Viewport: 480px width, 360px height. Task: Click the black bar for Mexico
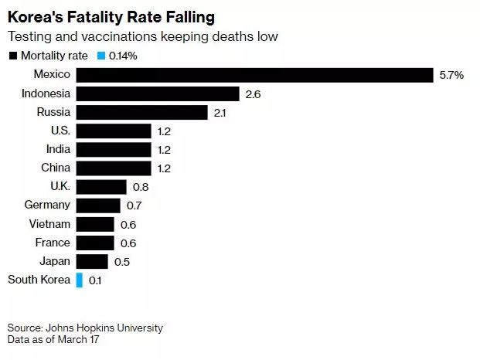[x=255, y=75]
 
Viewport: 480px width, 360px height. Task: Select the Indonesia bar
[x=158, y=94]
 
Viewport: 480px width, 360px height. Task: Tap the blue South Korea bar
[x=80, y=280]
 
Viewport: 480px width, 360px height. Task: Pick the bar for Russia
[x=142, y=113]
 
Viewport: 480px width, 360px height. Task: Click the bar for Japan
[x=92, y=262]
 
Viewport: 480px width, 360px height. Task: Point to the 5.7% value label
[x=451, y=75]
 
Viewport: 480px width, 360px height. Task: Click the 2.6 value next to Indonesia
[x=253, y=94]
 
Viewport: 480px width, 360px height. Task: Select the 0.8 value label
[x=141, y=187]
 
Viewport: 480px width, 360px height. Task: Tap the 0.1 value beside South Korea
[x=95, y=280]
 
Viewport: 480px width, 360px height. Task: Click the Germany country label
[x=47, y=205]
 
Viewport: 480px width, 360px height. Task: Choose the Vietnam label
[x=49, y=224]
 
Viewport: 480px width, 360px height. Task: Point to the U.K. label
[x=60, y=186]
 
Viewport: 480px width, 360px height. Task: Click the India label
[x=58, y=149]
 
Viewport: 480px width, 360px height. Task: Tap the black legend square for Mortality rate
[x=13, y=56]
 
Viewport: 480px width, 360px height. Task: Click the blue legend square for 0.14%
[x=101, y=56]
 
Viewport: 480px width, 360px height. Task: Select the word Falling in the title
[x=190, y=17]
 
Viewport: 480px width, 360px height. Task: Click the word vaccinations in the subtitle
[x=119, y=36]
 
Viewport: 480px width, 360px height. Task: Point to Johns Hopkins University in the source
[x=104, y=328]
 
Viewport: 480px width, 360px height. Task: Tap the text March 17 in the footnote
[x=78, y=339]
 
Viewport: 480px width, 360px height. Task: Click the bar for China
[x=114, y=168]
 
